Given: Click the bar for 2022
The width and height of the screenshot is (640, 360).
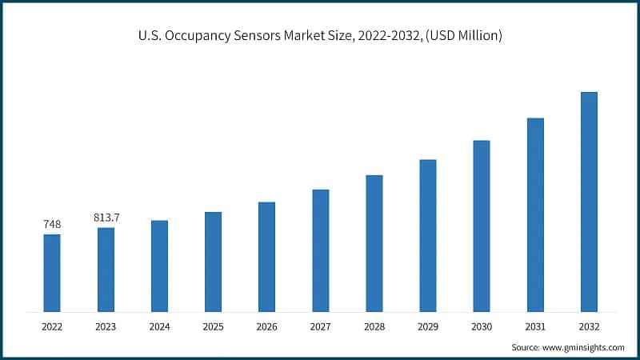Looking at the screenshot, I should tap(52, 273).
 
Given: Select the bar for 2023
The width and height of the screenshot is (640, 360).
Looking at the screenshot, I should tap(106, 270).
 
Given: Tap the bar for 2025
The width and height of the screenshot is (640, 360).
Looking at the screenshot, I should tap(213, 262).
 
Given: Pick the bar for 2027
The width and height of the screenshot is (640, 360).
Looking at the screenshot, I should tap(320, 250).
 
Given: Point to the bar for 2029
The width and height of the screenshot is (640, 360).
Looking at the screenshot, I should tap(428, 235).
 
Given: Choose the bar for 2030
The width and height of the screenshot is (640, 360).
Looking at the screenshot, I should tap(481, 226).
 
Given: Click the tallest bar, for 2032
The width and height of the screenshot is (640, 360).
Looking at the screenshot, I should tap(589, 202).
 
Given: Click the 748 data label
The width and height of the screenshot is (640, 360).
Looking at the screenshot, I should tap(52, 224).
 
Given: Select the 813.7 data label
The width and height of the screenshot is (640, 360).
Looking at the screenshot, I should tap(106, 218).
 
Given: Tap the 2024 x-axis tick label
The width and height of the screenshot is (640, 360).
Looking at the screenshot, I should tap(159, 326).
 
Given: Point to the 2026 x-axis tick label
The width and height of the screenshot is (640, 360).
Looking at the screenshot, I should tap(266, 326).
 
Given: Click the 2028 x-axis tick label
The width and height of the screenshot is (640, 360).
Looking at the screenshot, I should tap(374, 326).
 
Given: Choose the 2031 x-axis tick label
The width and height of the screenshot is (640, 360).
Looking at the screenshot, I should tap(535, 326).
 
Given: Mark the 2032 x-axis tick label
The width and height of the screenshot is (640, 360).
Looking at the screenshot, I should tap(589, 326).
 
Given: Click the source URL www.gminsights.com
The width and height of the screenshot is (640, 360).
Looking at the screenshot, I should tap(584, 347).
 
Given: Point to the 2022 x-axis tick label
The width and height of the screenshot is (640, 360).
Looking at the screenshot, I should tap(52, 326).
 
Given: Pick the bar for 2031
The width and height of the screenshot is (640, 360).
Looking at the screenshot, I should tap(535, 214).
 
